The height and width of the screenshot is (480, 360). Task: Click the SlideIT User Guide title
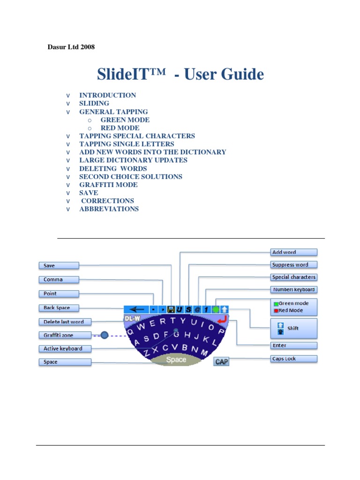pos(180,74)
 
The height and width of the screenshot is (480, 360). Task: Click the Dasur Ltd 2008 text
pos(71,47)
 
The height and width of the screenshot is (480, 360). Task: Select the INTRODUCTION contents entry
pos(107,95)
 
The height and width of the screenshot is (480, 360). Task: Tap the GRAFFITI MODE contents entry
pos(108,185)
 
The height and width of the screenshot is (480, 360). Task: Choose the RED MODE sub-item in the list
pos(120,128)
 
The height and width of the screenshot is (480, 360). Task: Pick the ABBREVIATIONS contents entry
pos(109,209)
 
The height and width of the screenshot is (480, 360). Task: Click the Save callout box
pos(58,266)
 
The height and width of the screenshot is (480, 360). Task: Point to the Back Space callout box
pos(58,308)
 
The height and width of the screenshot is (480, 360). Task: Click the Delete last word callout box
pos(64,322)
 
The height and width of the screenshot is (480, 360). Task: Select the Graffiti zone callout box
pos(58,335)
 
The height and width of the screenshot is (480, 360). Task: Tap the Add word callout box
pos(294,252)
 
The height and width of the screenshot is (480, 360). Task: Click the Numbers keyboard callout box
pos(294,290)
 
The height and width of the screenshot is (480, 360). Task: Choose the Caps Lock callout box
pos(294,359)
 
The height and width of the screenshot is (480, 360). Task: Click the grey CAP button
pos(221,361)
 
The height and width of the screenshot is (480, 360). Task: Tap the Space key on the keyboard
pos(176,360)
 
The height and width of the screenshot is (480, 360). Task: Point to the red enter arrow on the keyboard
pos(223,319)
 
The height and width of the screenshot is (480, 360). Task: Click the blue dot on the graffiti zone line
pos(104,335)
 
